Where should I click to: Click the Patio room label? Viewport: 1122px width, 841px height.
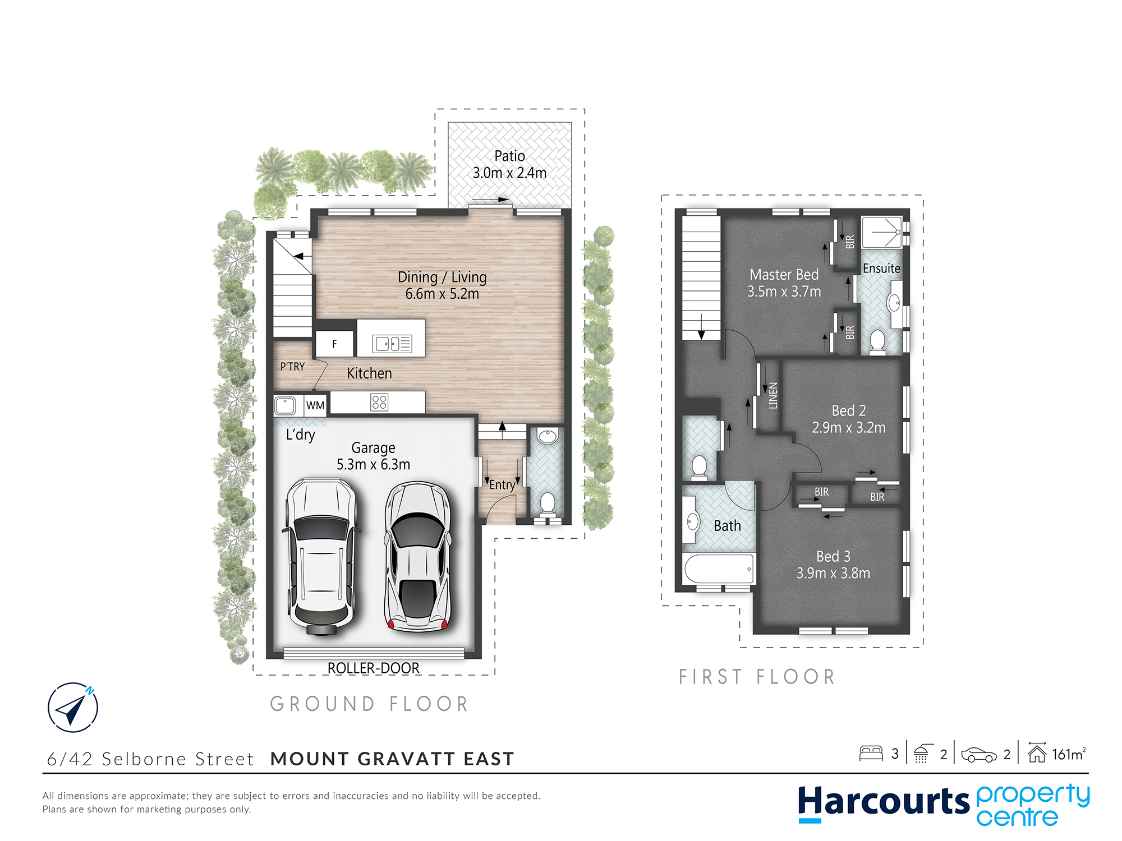pyautogui.click(x=509, y=156)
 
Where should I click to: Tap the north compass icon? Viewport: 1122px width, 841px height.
pyautogui.click(x=73, y=708)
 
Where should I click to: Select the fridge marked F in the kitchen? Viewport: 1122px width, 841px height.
pyautogui.click(x=335, y=344)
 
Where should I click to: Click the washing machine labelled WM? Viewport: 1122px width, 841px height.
pyautogui.click(x=315, y=405)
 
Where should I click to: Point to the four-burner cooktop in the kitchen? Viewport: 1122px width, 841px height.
pyautogui.click(x=379, y=402)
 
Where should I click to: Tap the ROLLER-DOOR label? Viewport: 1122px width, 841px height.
pyautogui.click(x=374, y=668)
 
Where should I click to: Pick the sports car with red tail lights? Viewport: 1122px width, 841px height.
pyautogui.click(x=417, y=557)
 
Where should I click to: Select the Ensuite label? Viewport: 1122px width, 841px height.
pyautogui.click(x=881, y=269)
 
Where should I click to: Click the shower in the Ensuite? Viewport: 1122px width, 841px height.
pyautogui.click(x=881, y=232)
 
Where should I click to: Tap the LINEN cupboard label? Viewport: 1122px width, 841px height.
pyautogui.click(x=773, y=395)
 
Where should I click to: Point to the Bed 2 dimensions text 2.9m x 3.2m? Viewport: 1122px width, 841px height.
pyautogui.click(x=849, y=428)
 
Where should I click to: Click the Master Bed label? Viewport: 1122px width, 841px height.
pyautogui.click(x=784, y=275)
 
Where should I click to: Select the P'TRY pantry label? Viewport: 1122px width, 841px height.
pyautogui.click(x=292, y=367)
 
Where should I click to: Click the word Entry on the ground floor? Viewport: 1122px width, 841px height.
pyautogui.click(x=502, y=485)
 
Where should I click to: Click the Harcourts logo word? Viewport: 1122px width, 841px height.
pyautogui.click(x=884, y=802)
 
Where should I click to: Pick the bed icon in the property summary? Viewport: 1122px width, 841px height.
pyautogui.click(x=871, y=753)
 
